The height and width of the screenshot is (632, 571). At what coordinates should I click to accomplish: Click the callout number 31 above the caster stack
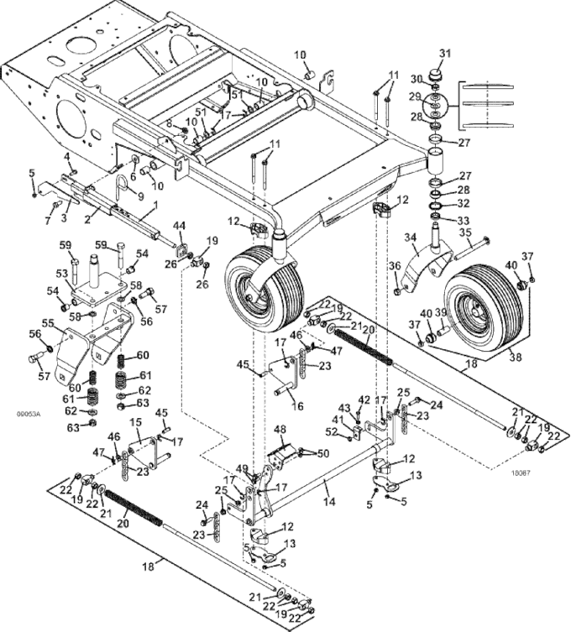[445, 54]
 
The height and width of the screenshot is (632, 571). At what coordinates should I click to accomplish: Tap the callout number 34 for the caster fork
[410, 238]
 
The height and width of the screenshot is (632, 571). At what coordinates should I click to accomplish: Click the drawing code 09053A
[28, 413]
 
